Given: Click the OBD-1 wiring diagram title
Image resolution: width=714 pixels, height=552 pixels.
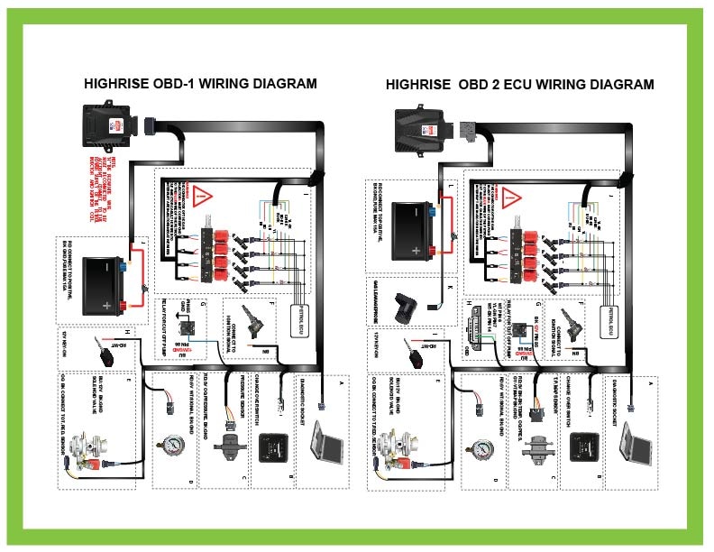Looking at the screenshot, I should point(200,84).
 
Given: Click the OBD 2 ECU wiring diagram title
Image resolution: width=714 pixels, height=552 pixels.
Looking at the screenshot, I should point(519,85).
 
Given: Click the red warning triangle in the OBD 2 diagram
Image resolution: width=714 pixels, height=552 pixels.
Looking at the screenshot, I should point(512,195).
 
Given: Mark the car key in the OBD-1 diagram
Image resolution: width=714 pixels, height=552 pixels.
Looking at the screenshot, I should point(99,354).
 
